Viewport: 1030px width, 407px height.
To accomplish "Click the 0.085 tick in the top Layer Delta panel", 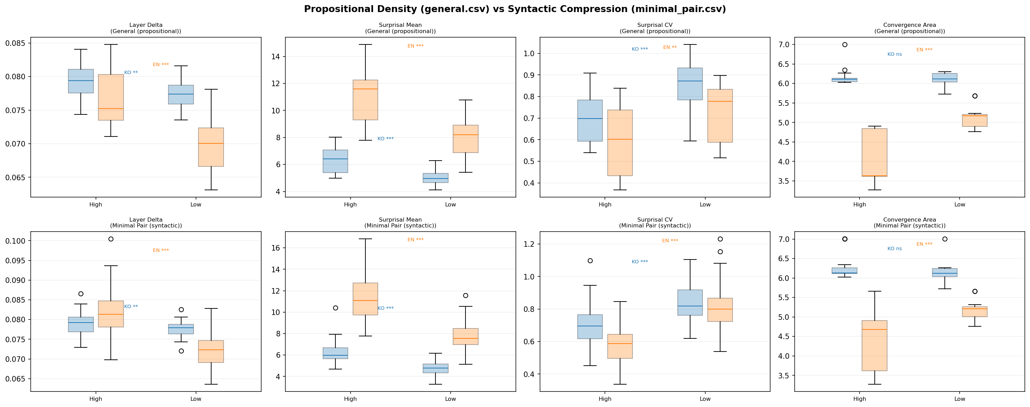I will pyautogui.click(x=16, y=43).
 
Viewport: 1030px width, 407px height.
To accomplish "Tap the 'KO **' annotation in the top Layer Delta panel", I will pyautogui.click(x=131, y=73).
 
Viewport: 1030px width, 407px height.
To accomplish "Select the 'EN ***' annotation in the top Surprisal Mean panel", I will pyautogui.click(x=415, y=46).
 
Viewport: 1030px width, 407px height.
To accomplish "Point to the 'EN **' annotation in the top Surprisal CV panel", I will pyautogui.click(x=670, y=48).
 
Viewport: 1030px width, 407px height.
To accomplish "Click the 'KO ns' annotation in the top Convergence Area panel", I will pyautogui.click(x=894, y=54).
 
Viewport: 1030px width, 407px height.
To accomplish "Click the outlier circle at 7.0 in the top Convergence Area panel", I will pyautogui.click(x=844, y=45).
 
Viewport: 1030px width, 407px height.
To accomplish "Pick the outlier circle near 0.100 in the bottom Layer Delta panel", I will pyautogui.click(x=111, y=239).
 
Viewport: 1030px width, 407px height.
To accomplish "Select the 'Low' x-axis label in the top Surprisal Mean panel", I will pyautogui.click(x=450, y=204).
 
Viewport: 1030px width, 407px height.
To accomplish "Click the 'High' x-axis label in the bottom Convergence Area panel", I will pyautogui.click(x=859, y=399).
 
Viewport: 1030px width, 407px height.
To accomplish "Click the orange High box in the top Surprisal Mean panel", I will pyautogui.click(x=365, y=100).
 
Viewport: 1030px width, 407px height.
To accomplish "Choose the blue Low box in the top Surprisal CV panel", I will pyautogui.click(x=690, y=84).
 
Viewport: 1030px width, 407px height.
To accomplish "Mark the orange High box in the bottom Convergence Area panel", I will pyautogui.click(x=874, y=346).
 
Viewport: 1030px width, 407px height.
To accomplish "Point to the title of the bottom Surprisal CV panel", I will pyautogui.click(x=655, y=223).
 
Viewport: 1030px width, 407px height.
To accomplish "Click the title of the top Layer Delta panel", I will pyautogui.click(x=146, y=28).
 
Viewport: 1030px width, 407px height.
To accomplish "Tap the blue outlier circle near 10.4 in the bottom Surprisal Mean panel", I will pyautogui.click(x=335, y=308).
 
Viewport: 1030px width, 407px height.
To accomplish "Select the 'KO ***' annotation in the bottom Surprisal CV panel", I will pyautogui.click(x=639, y=262).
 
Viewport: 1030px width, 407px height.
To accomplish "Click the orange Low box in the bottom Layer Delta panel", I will pyautogui.click(x=211, y=352).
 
